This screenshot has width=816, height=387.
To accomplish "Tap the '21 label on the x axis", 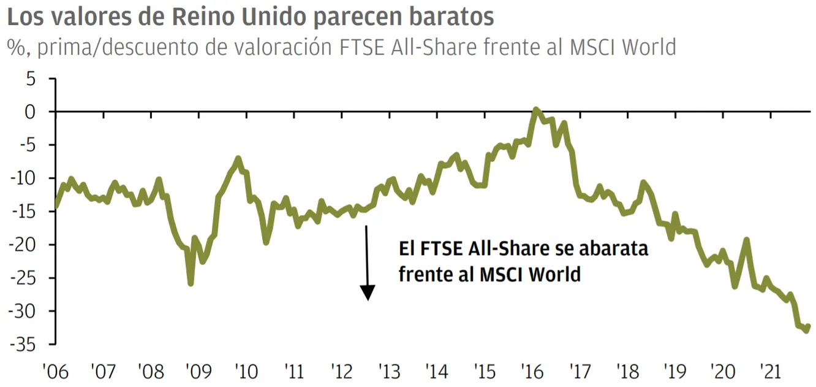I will [x=769, y=372].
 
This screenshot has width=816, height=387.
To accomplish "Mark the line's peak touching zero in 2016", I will [x=536, y=110].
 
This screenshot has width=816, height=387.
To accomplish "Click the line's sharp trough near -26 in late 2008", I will [x=191, y=283].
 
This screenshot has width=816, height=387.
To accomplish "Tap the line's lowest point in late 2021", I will [x=806, y=331].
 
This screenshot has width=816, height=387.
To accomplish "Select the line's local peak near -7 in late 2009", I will [x=238, y=159].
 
